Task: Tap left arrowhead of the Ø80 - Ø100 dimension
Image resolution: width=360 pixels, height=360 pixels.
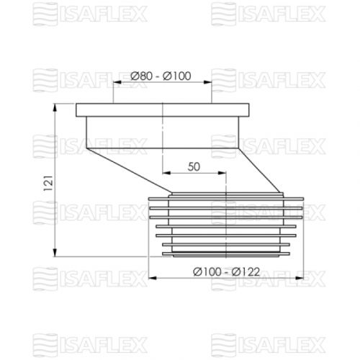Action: pyautogui.click(x=114, y=83)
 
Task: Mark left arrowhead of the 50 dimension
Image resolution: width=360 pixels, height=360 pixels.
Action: pyautogui.click(x=166, y=174)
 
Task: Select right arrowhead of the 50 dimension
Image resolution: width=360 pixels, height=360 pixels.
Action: pyautogui.click(x=224, y=174)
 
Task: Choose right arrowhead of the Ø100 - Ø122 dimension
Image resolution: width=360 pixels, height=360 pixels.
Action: pyautogui.click(x=300, y=278)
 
